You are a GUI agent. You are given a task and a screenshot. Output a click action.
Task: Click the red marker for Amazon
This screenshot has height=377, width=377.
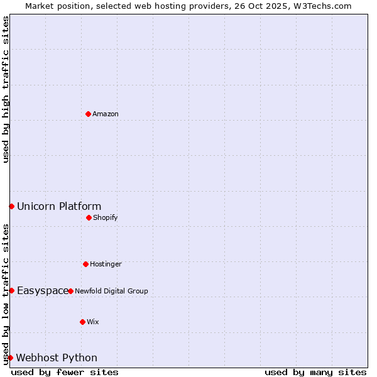pyautogui.click(x=88, y=114)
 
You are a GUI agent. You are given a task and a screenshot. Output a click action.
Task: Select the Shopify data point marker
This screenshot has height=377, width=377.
pyautogui.click(x=89, y=217)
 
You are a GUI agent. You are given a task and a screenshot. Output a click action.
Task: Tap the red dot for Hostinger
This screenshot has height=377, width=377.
pyautogui.click(x=85, y=264)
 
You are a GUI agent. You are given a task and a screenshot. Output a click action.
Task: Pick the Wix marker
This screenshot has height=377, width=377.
pyautogui.click(x=82, y=322)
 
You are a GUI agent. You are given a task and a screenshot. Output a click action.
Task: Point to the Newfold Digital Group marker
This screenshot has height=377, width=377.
pyautogui.click(x=70, y=291)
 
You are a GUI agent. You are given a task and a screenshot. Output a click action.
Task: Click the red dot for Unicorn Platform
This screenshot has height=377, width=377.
pyautogui.click(x=11, y=206)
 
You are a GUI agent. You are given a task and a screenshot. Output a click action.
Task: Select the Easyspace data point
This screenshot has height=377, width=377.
pyautogui.click(x=11, y=290)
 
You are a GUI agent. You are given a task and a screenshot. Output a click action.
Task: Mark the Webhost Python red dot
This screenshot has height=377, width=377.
pyautogui.click(x=10, y=358)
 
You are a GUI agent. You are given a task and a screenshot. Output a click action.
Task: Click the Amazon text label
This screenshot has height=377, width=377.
pyautogui.click(x=106, y=114)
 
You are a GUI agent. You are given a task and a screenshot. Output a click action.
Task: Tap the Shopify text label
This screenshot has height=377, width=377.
pyautogui.click(x=106, y=217)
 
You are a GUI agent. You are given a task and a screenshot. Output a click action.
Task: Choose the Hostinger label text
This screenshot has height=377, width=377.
pyautogui.click(x=106, y=264)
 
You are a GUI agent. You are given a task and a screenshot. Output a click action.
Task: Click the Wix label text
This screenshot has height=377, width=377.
pyautogui.click(x=93, y=322)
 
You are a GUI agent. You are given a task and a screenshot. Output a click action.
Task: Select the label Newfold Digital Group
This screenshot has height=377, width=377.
pyautogui.click(x=111, y=291)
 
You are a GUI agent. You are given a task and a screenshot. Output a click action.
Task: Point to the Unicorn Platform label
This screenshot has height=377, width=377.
pyautogui.click(x=59, y=206)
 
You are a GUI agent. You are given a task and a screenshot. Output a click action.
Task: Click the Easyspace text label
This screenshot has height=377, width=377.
pyautogui.click(x=43, y=290)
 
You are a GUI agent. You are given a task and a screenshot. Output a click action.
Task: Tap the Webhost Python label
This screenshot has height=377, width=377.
pyautogui.click(x=57, y=358)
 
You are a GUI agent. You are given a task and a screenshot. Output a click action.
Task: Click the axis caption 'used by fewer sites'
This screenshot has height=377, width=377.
pyautogui.click(x=65, y=372)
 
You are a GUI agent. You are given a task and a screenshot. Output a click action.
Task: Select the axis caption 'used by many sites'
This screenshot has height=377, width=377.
pyautogui.click(x=315, y=372)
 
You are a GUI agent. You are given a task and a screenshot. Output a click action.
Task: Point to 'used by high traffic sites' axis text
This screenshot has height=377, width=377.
pyautogui.click(x=6, y=89)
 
